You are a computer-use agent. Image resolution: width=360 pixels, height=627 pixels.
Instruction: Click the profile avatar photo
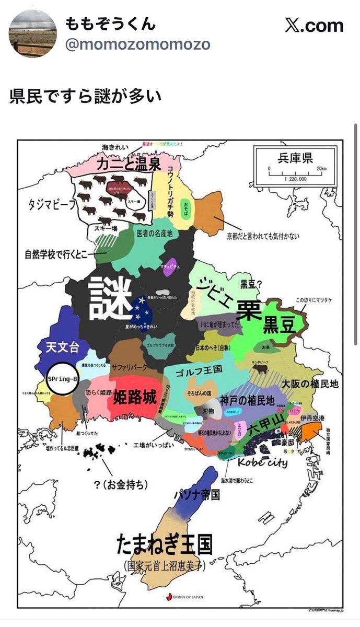33,33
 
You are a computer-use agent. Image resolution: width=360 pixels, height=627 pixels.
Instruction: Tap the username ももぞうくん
110,24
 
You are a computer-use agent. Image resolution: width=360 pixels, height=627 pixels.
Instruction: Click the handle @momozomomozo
137,44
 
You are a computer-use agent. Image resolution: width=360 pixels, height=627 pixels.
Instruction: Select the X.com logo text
314,26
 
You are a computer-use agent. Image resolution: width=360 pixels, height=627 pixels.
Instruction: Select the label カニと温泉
128,165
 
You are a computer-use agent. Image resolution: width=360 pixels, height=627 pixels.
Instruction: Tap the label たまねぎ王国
164,544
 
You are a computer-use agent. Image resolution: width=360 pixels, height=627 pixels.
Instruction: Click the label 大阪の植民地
310,384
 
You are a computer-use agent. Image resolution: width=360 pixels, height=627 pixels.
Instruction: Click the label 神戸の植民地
247,401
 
